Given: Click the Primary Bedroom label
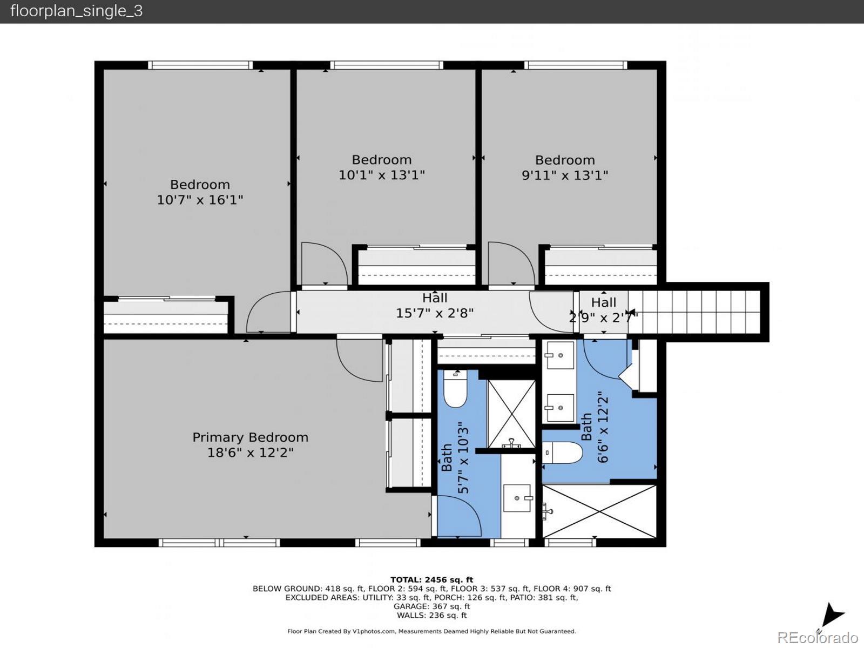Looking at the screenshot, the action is pos(251,437).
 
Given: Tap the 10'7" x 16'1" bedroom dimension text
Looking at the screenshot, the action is pos(200,200).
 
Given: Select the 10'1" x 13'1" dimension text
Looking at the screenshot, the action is pos(382,174).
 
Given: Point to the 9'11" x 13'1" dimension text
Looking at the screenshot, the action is pos(565,175).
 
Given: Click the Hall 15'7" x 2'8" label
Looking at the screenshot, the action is pos(435,305).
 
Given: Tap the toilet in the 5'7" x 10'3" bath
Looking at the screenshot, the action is pos(455,388).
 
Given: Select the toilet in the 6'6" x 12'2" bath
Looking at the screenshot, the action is pos(562,453).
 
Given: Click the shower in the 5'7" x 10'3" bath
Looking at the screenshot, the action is pos(512,414).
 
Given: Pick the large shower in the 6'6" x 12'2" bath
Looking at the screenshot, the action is pos(599,511).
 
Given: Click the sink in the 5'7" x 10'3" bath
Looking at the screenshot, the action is pos(517,498).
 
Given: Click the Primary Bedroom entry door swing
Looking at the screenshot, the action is pos(360,360).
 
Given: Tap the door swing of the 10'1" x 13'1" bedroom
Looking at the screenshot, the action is pos(325,264).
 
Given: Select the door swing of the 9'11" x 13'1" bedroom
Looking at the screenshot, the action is pos(512,263).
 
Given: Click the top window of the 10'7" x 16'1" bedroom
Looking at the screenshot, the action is pos(200,65).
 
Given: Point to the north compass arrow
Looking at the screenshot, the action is pos(833,616).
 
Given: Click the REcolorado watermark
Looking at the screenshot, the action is pos(818,637).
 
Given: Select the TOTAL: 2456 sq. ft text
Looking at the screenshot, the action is pos(432,579).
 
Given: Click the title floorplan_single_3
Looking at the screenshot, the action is pos(76,11).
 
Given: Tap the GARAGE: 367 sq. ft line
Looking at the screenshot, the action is pos(432,606).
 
